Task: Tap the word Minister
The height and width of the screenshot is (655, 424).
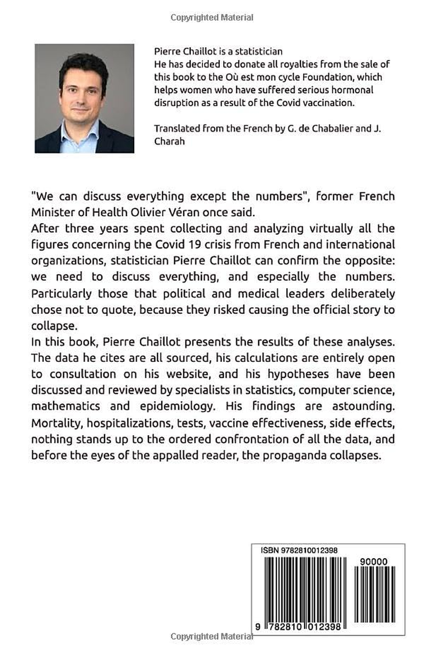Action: pos(54,210)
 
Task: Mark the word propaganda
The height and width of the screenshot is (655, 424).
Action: pos(301,455)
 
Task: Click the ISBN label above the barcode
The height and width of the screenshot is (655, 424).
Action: pos(270,551)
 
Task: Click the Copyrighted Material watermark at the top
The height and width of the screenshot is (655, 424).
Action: pos(212,17)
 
